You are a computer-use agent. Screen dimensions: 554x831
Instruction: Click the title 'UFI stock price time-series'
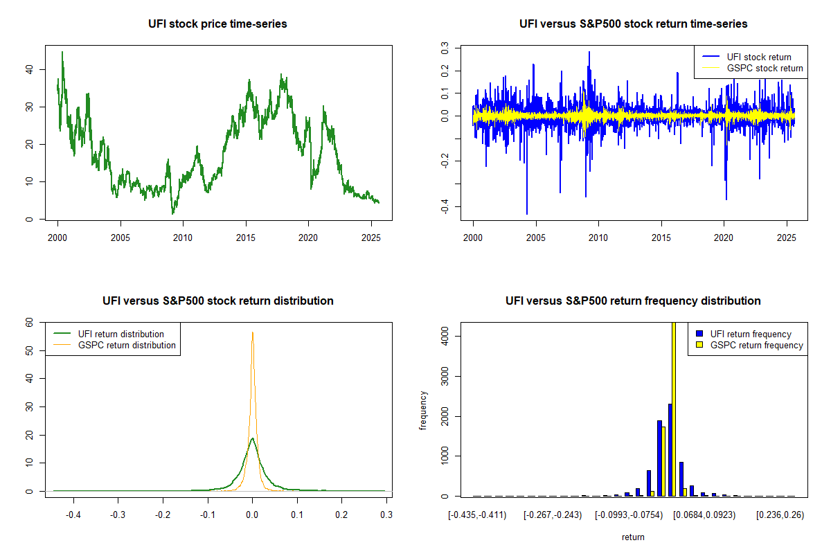[217, 24]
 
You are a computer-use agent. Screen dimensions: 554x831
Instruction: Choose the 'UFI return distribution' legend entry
[121, 334]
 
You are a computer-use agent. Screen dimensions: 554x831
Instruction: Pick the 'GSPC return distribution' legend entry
[127, 345]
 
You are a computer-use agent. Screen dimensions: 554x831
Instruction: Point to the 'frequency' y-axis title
[423, 410]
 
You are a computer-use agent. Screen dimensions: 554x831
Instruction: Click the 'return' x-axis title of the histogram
[633, 537]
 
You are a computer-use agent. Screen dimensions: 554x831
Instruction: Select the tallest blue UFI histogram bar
[670, 450]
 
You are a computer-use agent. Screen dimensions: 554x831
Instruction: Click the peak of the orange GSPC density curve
[252, 332]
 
